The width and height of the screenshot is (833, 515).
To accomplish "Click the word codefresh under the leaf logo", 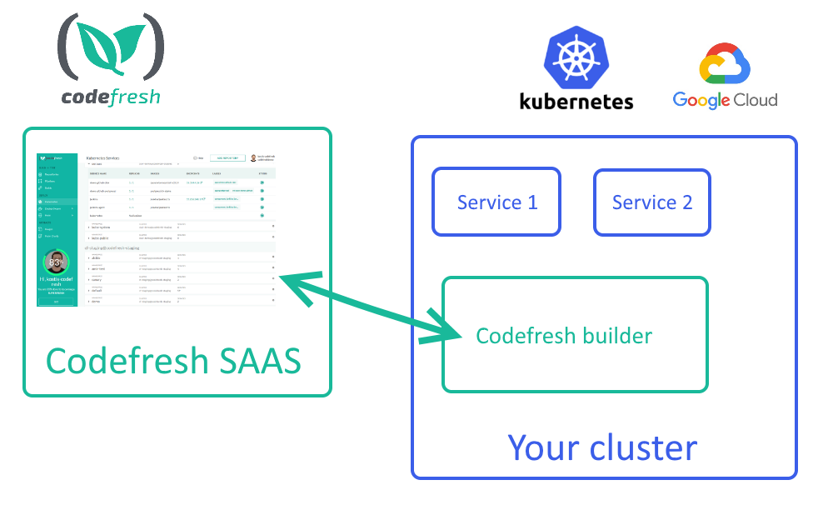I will pyautogui.click(x=111, y=97).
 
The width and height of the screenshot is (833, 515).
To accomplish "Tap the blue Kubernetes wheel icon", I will pyautogui.click(x=576, y=59).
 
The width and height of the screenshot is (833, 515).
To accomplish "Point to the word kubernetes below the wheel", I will pyautogui.click(x=576, y=102).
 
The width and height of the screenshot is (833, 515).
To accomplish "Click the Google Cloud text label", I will pyautogui.click(x=725, y=101).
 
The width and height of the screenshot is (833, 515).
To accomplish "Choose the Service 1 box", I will pyautogui.click(x=496, y=202).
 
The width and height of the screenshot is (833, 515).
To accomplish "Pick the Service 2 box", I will pyautogui.click(x=651, y=202).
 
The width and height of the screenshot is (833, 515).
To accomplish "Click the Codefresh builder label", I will pyautogui.click(x=564, y=336).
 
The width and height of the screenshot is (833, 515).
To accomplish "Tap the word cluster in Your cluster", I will pyautogui.click(x=642, y=447).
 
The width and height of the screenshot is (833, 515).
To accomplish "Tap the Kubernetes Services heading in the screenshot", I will pyautogui.click(x=103, y=157).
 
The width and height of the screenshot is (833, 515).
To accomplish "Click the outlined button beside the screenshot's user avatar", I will pyautogui.click(x=227, y=157).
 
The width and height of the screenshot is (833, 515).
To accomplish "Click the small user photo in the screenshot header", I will pyautogui.click(x=253, y=157).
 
